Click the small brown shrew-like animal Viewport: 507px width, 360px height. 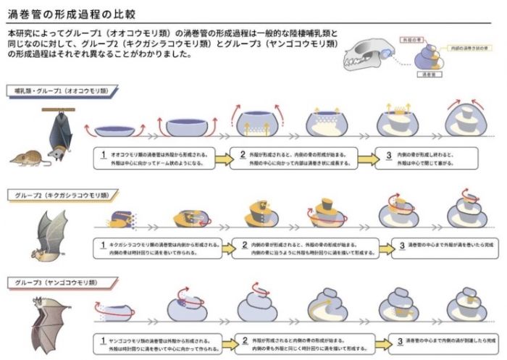(26, 157)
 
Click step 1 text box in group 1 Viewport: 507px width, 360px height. (159, 158)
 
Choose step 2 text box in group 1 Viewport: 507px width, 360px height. (297, 158)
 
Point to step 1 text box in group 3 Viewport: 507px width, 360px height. (159, 340)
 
